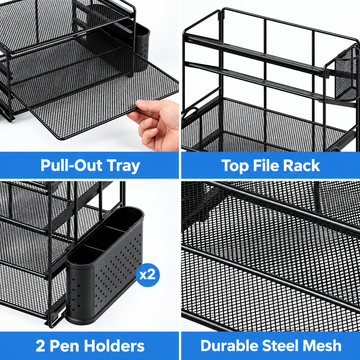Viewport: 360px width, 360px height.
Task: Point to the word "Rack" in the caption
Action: click(x=301, y=165)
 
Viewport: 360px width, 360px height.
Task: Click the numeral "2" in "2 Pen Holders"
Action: click(x=40, y=346)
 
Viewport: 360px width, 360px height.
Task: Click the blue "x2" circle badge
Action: click(x=148, y=275)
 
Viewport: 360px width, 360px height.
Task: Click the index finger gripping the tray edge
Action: click(x=144, y=107)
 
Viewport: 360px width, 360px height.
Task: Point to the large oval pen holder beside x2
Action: click(x=105, y=264)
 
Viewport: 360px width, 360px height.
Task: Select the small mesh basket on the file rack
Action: click(x=346, y=73)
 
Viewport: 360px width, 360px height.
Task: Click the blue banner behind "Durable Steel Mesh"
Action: click(x=271, y=346)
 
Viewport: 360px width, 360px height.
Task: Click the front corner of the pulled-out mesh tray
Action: click(x=63, y=137)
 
